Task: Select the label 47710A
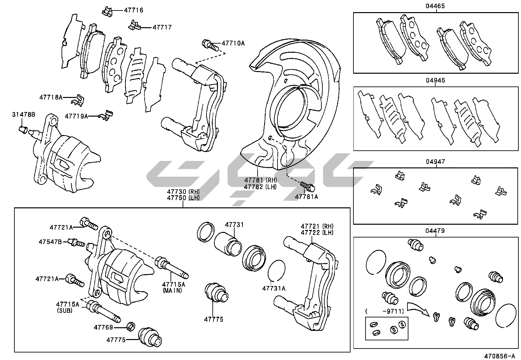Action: (x=233, y=43)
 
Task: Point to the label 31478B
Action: (x=24, y=114)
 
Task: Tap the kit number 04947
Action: (x=435, y=162)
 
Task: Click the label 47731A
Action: (x=274, y=288)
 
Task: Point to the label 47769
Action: (x=103, y=327)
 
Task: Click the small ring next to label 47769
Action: (x=131, y=326)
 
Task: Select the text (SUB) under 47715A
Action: (x=65, y=310)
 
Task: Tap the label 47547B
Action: (x=50, y=242)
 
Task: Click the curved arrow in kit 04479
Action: (x=419, y=307)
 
